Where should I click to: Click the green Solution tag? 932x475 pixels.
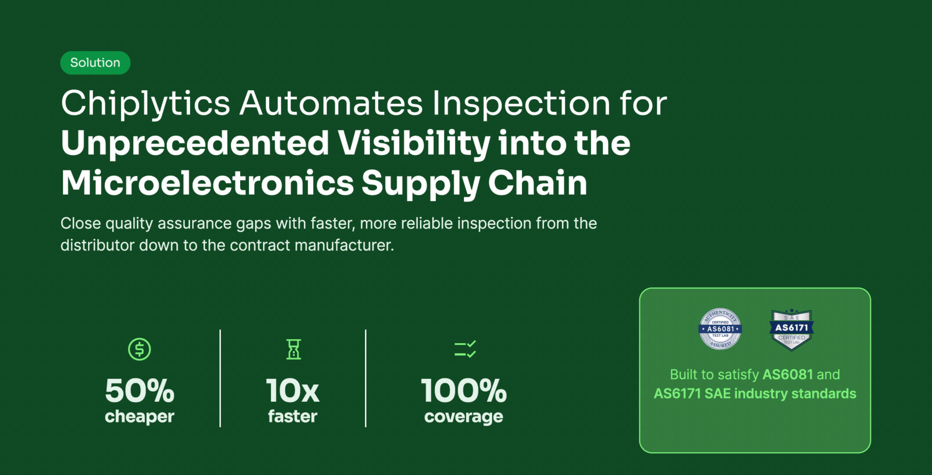(x=95, y=63)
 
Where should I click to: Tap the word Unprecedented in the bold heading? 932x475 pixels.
(x=195, y=143)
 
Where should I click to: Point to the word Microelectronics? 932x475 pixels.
(x=207, y=183)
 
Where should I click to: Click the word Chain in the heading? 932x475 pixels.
(x=537, y=183)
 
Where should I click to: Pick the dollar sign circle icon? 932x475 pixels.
(x=139, y=349)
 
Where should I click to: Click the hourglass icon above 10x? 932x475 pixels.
(x=293, y=349)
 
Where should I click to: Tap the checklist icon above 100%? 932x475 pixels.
(x=465, y=349)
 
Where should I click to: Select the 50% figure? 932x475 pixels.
(x=139, y=391)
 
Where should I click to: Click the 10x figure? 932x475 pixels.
(x=293, y=391)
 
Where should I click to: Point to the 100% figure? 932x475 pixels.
(x=464, y=391)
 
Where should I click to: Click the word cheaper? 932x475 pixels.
(x=139, y=416)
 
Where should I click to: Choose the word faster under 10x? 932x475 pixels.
(x=293, y=416)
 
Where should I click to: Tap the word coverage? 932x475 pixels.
(x=464, y=416)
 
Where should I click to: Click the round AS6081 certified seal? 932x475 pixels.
(x=720, y=329)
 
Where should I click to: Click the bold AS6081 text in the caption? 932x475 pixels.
(x=787, y=374)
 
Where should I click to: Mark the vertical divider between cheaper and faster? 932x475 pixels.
(x=220, y=378)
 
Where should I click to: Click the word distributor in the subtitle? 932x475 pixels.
(x=98, y=245)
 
